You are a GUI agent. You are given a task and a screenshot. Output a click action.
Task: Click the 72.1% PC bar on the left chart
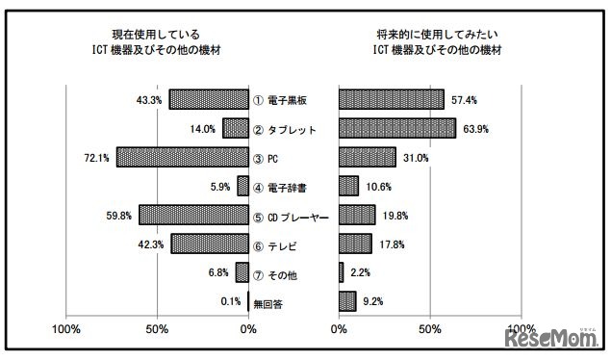183,157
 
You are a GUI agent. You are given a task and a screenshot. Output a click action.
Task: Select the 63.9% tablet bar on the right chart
396,128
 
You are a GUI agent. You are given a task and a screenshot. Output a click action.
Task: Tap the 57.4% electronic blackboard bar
391,99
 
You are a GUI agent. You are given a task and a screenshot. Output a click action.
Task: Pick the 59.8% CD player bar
193,216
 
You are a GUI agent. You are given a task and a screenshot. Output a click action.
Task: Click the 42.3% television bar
210,244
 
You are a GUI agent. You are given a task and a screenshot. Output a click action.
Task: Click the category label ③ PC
268,158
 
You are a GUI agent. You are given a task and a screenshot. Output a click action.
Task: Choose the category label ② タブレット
285,129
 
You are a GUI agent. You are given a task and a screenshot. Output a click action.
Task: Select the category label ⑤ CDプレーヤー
292,217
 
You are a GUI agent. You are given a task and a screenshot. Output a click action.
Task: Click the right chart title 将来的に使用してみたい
430,33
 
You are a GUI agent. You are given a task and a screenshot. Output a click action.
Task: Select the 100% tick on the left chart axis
65,330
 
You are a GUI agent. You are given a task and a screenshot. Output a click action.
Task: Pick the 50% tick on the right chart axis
429,330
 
